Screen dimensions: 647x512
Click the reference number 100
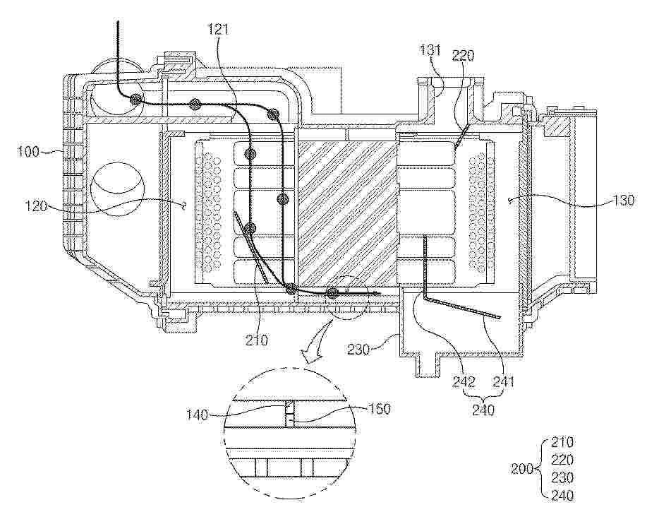coord(28,152)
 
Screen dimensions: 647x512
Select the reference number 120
coord(35,206)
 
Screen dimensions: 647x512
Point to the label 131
coord(430,51)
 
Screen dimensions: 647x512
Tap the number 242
coord(464,382)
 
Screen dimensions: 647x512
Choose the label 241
coord(504,382)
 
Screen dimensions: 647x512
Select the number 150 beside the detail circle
coord(378,409)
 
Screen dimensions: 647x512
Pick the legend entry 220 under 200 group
coord(562,460)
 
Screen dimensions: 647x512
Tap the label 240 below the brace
coord(483,410)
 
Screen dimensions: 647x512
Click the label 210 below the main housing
coord(256,341)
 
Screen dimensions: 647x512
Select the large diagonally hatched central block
coord(347,213)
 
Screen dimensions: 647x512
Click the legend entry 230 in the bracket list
coord(562,477)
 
